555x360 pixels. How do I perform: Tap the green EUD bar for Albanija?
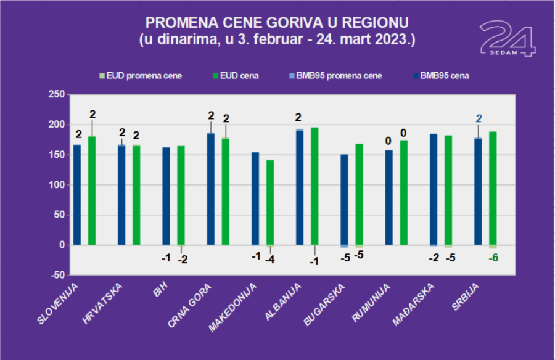point(314,186)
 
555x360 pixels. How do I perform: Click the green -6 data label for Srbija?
point(493,258)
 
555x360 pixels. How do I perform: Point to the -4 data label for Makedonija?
point(270,260)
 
